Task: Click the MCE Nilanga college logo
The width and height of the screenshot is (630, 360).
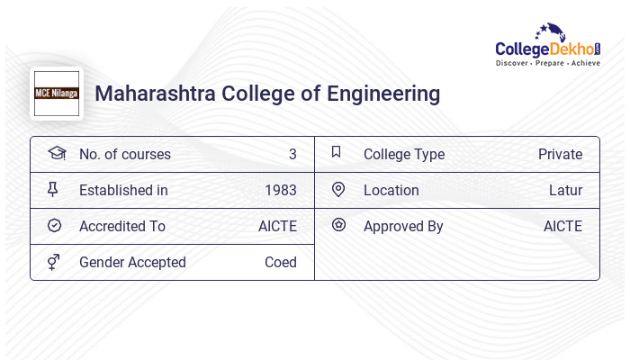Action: click(x=57, y=94)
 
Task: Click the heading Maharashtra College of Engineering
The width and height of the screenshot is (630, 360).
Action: click(x=267, y=94)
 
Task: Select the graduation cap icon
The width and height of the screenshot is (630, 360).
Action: click(x=56, y=153)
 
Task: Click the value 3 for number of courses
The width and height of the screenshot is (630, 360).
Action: click(x=292, y=154)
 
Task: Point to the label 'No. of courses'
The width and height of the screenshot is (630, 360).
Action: click(x=125, y=154)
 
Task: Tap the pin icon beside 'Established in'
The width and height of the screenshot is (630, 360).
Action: click(x=54, y=190)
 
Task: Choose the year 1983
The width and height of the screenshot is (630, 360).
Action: click(x=281, y=190)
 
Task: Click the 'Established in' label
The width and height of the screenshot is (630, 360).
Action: click(x=123, y=190)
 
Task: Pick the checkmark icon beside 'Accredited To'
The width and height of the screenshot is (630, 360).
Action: click(x=54, y=226)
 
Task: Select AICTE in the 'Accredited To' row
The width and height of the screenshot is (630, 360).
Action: click(x=277, y=226)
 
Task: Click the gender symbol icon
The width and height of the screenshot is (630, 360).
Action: click(x=54, y=262)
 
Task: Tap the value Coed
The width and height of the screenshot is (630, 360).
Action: click(x=281, y=262)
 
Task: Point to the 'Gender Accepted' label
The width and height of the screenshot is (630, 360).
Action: click(x=132, y=262)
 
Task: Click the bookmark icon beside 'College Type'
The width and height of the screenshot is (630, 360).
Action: click(x=337, y=153)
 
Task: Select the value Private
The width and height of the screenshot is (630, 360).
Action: click(x=560, y=154)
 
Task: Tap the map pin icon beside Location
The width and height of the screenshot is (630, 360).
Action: click(x=338, y=190)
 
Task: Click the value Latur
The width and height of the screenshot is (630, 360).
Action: click(x=565, y=190)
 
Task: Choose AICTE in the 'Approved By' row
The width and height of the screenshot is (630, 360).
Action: click(x=562, y=226)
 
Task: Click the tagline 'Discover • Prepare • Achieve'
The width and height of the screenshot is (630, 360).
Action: click(x=547, y=64)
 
